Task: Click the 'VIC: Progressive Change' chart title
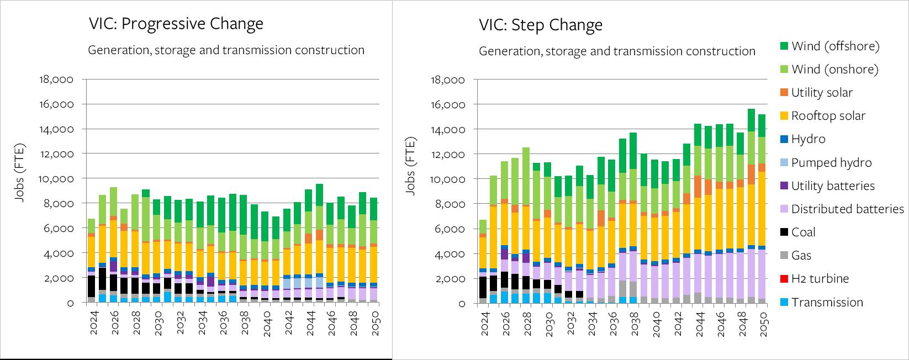[176, 24]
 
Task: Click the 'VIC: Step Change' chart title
[540, 25]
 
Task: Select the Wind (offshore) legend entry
[835, 46]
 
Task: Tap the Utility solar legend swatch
[784, 93]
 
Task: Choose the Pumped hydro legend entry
[831, 163]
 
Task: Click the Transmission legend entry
[827, 302]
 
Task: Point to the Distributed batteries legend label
[847, 209]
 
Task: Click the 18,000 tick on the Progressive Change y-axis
[57, 80]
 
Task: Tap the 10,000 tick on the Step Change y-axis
[448, 179]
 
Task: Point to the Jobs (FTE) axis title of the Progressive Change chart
[20, 172]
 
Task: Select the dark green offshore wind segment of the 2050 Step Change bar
[762, 125]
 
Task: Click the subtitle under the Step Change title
[616, 51]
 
